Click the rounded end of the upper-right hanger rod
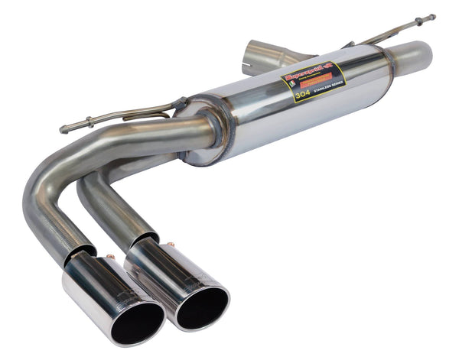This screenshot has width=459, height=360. pyautogui.click(x=432, y=17)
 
